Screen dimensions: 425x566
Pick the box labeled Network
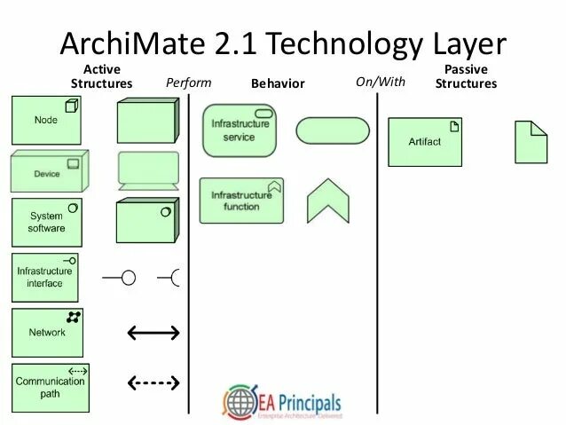pos(48,332)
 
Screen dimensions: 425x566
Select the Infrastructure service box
pos(239,130)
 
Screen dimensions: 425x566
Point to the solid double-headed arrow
pos(153,333)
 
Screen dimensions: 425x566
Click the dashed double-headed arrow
pos(153,383)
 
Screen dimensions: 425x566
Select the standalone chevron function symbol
pos(329,202)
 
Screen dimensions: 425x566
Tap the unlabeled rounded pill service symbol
pos(329,130)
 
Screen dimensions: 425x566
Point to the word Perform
pos(189,83)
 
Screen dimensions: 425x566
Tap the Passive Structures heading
pos(465,76)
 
